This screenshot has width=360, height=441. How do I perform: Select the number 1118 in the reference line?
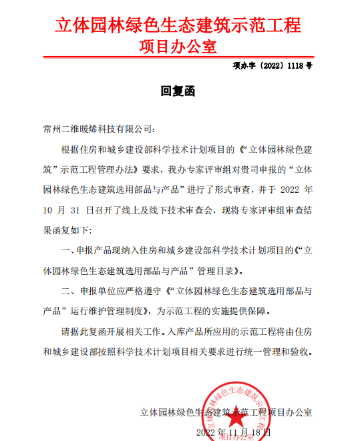295,66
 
